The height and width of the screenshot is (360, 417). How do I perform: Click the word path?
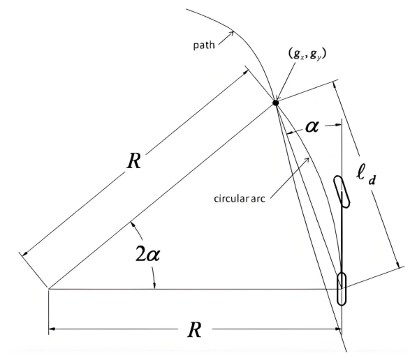(204, 45)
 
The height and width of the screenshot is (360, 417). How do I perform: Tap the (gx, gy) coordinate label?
(307, 54)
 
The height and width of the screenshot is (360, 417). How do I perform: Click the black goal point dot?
(275, 103)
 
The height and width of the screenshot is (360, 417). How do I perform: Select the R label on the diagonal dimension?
(133, 161)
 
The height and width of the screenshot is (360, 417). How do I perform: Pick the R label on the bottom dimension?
(194, 329)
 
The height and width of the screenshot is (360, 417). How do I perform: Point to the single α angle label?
(312, 126)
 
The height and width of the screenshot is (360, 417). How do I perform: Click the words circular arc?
(240, 198)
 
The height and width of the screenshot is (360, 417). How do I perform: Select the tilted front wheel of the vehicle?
(342, 191)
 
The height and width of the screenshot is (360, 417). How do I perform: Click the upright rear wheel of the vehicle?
(342, 289)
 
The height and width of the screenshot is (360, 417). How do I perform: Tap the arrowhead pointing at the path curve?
(232, 33)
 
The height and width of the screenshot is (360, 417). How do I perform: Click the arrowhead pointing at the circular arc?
(307, 160)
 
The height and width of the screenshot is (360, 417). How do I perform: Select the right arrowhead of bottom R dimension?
(338, 329)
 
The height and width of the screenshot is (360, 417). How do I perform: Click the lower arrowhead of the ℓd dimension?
(398, 265)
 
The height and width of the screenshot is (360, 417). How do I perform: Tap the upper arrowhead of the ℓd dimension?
(335, 85)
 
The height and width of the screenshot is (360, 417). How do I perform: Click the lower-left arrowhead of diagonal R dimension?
(24, 254)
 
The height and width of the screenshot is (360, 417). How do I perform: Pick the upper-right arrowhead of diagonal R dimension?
(246, 73)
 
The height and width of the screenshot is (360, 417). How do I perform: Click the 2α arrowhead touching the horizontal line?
(154, 285)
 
